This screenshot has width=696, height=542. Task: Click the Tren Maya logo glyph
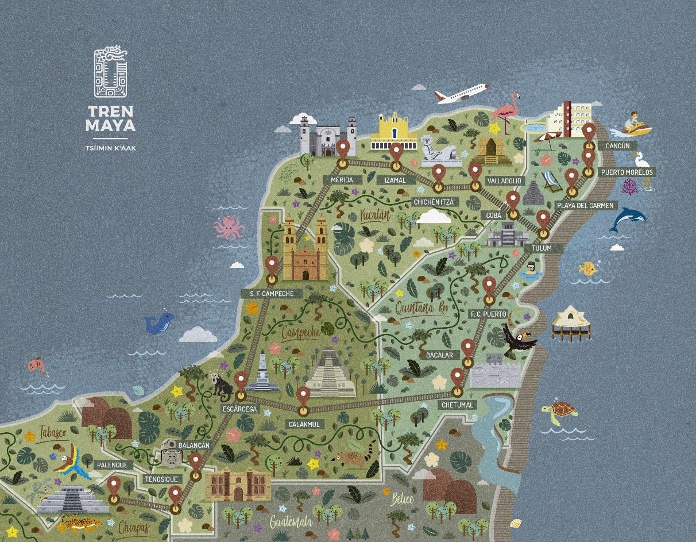[110, 72]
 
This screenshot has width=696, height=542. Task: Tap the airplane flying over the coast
[461, 93]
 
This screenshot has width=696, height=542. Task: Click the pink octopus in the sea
[229, 228]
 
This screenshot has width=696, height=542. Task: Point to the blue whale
[159, 322]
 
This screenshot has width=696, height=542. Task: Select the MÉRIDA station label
[341, 180]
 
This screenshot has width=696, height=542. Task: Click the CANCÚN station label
[617, 146]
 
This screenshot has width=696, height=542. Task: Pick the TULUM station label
[541, 248]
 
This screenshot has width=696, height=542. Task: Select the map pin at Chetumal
[458, 380]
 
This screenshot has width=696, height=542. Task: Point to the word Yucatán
[375, 216]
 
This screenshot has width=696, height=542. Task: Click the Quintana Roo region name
[421, 308]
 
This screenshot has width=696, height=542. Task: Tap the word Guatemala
[291, 522]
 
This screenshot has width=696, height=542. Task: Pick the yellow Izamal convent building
[393, 132]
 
